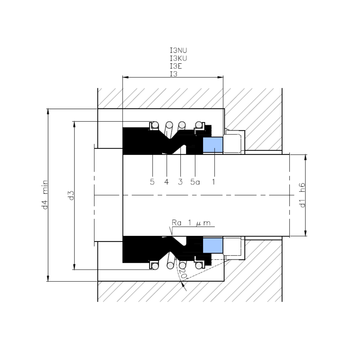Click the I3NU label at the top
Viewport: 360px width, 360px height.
[178, 50]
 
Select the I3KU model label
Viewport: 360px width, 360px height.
[178, 58]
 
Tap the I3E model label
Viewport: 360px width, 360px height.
[176, 66]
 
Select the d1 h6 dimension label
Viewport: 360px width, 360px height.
[302, 195]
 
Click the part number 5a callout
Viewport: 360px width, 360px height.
[195, 182]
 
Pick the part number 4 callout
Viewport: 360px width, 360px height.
[166, 182]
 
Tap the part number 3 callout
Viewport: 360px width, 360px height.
[180, 182]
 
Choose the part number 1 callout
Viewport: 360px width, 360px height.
[213, 182]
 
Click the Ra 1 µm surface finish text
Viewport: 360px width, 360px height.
[191, 223]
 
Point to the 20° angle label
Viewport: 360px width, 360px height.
[184, 273]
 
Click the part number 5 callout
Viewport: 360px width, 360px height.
[152, 182]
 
